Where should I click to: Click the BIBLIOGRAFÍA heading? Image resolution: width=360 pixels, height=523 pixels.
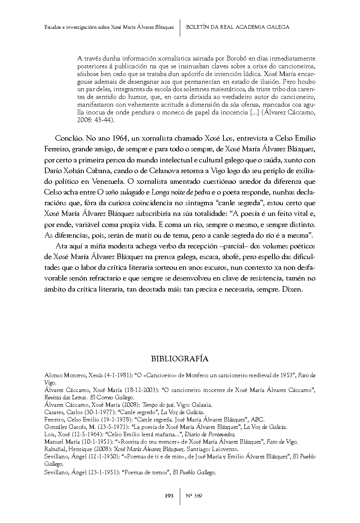180,359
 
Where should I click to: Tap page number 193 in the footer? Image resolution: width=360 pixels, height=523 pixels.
169,496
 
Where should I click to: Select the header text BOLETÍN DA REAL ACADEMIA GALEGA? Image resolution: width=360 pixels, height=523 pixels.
238,27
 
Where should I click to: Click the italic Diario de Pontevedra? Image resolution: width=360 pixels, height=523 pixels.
210,434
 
